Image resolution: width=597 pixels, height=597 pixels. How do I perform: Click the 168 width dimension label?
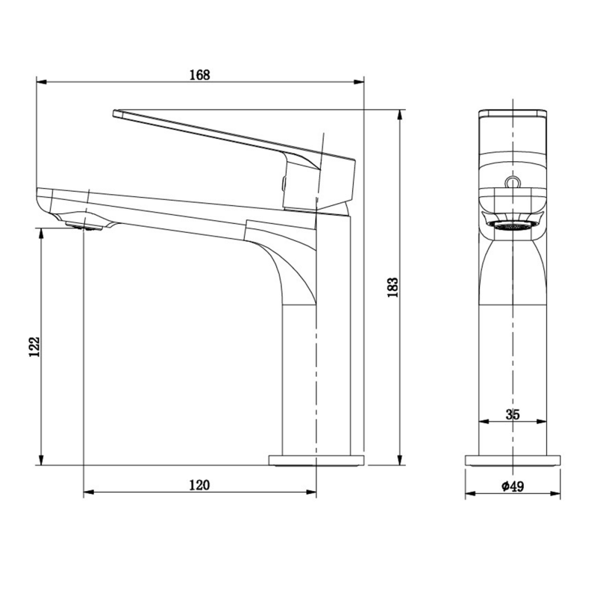pyautogui.click(x=199, y=75)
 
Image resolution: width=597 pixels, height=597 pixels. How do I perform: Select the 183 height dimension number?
pyautogui.click(x=393, y=287)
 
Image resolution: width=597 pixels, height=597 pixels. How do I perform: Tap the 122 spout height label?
pyautogui.click(x=34, y=346)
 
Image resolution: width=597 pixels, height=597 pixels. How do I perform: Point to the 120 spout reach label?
pyautogui.click(x=199, y=485)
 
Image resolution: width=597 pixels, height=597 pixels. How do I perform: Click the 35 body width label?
pyautogui.click(x=513, y=415)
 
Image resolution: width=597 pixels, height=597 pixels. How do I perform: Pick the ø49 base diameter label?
pyautogui.click(x=513, y=486)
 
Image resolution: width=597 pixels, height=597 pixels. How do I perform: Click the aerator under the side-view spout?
pyautogui.click(x=84, y=226)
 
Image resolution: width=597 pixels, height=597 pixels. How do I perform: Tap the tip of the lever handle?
pyautogui.click(x=116, y=113)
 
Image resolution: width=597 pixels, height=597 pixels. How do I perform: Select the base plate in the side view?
pyautogui.click(x=316, y=460)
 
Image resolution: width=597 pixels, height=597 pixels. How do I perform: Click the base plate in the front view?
pyautogui.click(x=513, y=460)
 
